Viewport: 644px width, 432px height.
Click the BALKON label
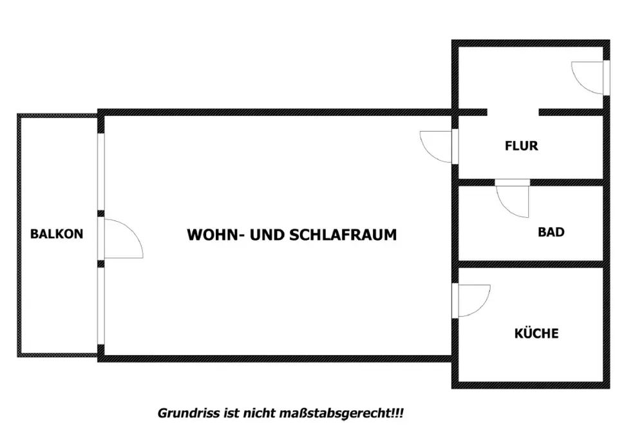(57, 234)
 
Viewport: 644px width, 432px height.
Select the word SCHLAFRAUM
(343, 235)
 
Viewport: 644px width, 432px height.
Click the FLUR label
(521, 146)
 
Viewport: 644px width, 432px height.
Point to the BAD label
(551, 232)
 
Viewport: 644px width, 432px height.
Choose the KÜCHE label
(536, 333)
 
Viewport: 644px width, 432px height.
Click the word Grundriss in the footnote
(189, 413)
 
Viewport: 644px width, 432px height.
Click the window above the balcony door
(100, 172)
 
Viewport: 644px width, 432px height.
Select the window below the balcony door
(100, 306)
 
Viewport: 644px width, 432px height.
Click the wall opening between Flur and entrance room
(513, 112)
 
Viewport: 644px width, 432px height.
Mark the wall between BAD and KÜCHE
(531, 264)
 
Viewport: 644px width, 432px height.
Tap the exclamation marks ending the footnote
(397, 413)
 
